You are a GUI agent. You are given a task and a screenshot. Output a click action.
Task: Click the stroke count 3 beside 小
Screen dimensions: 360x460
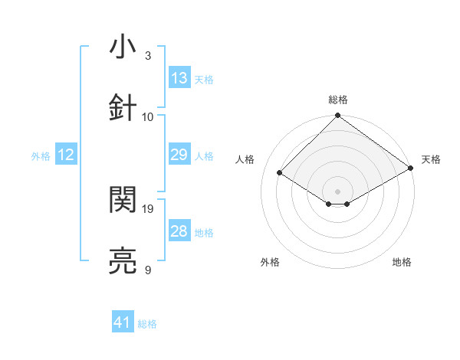click(x=148, y=56)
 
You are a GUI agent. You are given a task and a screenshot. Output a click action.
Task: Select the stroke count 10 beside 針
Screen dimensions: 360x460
click(x=148, y=116)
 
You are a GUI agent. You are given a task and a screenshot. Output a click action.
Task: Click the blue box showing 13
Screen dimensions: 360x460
click(x=179, y=77)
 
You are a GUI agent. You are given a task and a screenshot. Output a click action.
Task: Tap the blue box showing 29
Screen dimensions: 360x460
click(x=179, y=155)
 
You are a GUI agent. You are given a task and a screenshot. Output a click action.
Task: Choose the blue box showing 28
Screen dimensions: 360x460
click(x=179, y=231)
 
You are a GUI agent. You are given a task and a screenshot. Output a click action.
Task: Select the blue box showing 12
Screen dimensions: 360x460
click(x=66, y=155)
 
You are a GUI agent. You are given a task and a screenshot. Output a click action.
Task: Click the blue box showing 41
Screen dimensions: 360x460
click(x=123, y=322)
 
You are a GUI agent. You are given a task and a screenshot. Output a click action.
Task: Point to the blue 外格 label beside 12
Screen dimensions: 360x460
click(x=41, y=156)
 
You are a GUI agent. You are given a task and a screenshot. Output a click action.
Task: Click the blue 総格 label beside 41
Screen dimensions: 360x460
click(x=147, y=324)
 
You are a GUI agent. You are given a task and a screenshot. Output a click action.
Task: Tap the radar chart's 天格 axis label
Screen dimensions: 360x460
click(x=431, y=159)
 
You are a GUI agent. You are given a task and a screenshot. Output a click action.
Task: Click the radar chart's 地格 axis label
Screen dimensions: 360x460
click(x=402, y=262)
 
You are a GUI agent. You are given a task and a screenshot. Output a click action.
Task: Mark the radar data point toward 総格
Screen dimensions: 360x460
click(x=338, y=117)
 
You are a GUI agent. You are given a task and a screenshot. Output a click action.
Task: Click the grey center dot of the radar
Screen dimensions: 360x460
click(x=338, y=191)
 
